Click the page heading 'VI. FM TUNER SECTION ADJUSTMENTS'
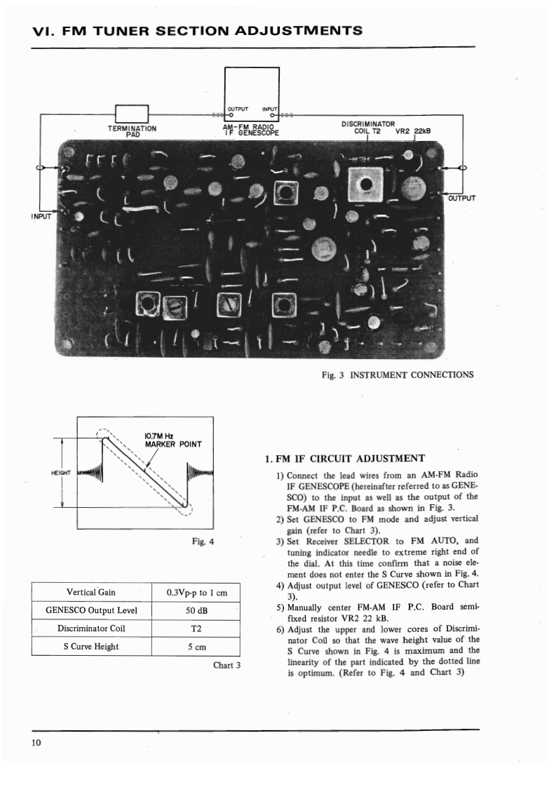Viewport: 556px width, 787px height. [198, 30]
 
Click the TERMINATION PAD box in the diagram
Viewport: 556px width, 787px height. [131, 113]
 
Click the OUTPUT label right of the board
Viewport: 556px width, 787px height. [461, 197]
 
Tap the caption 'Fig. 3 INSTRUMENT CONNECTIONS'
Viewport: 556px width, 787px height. [398, 375]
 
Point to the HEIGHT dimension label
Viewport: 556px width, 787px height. [62, 473]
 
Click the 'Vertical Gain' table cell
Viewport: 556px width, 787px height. [92, 593]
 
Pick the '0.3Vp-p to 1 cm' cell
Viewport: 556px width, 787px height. [196, 593]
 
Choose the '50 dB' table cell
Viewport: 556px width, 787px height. [196, 610]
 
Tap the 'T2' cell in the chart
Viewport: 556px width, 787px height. [196, 628]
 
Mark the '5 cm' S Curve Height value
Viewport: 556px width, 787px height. [196, 646]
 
